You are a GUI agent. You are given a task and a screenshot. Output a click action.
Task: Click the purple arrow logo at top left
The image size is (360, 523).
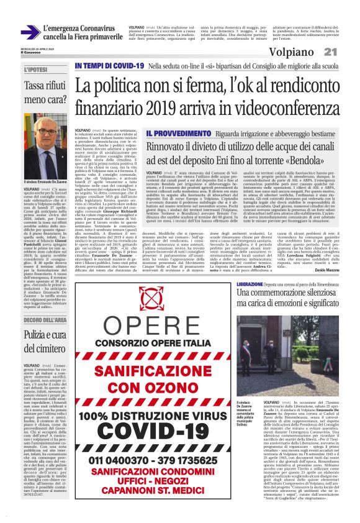pos(30,32)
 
